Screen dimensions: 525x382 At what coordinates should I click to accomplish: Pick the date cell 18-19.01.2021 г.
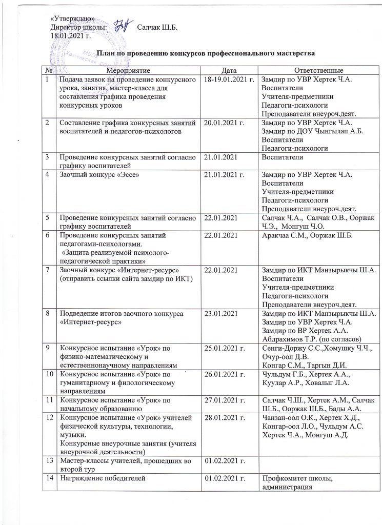tap(229, 79)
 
